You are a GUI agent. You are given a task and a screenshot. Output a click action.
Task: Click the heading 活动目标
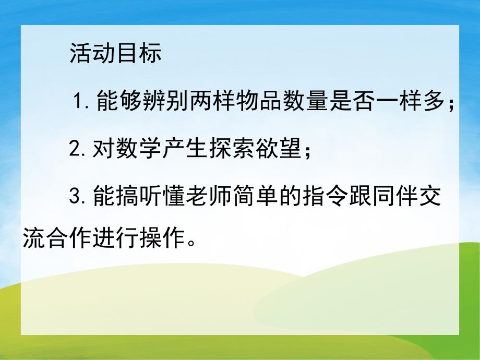click(x=115, y=54)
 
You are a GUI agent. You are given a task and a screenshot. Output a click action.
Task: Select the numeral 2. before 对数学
click(x=78, y=151)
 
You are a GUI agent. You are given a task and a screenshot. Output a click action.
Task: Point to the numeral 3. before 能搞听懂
click(x=78, y=198)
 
